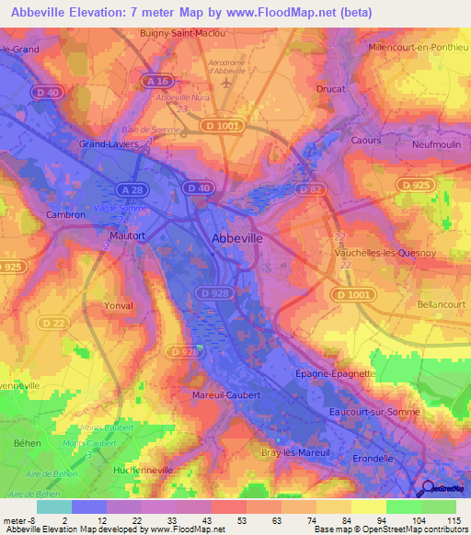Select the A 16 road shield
159,82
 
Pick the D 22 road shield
53,323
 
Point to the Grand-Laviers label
109,144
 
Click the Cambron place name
65,214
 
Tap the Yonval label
119,305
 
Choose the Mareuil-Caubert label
228,394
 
